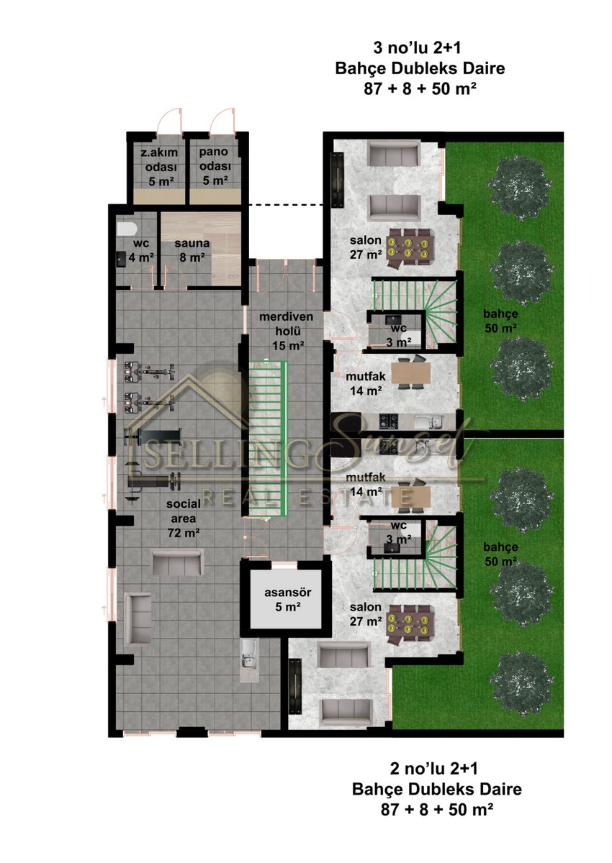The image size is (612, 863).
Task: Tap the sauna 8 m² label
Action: pos(192,250)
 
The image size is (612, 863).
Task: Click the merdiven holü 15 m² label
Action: pos(286,331)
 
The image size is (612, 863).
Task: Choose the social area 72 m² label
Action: pos(184,519)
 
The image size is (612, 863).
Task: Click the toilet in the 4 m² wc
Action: pos(127,229)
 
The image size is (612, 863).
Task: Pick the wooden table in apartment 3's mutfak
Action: pos(411,373)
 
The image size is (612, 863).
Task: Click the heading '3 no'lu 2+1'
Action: pos(417,48)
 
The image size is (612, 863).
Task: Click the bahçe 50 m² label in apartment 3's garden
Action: pos(500,321)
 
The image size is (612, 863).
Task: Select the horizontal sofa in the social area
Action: pos(177,563)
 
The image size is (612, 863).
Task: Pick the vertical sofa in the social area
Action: pos(138,618)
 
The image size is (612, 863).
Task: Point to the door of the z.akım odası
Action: pos(170,120)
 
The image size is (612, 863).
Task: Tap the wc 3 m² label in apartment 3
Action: pos(399,335)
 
